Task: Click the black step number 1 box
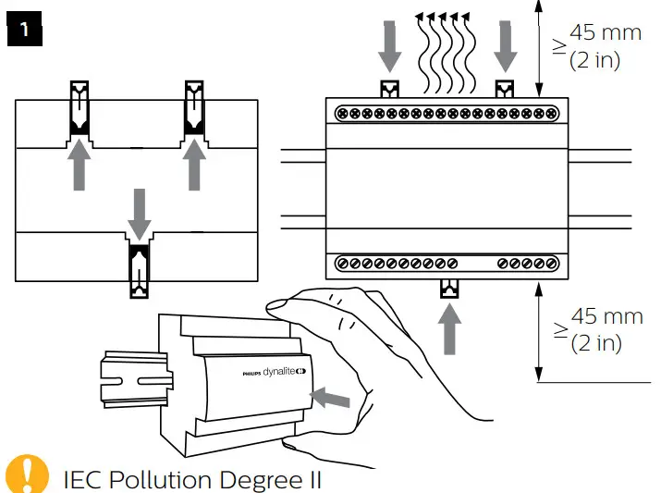[25, 30]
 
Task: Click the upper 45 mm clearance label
[606, 32]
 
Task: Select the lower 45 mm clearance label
[606, 316]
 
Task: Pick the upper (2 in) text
[594, 60]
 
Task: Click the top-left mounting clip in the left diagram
[80, 108]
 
